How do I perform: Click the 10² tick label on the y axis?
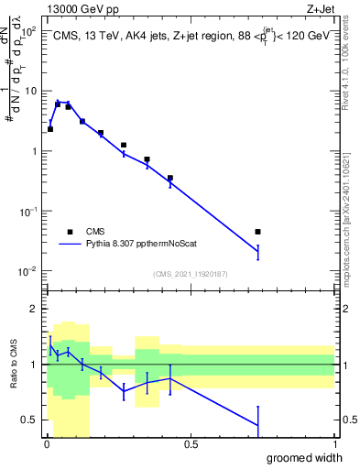tap(30, 32)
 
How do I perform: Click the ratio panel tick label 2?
tap(36, 309)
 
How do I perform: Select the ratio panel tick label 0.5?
tap(31, 420)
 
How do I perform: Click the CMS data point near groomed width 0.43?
tap(170, 178)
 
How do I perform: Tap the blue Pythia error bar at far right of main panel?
tap(257, 252)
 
